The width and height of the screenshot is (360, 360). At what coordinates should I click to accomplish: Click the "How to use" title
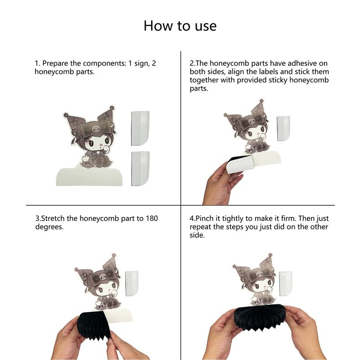click(180, 26)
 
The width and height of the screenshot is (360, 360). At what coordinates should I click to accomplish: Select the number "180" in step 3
click(152, 218)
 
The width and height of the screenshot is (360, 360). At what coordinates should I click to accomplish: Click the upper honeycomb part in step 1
click(140, 128)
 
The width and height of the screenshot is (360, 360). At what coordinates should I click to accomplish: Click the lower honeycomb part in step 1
click(140, 168)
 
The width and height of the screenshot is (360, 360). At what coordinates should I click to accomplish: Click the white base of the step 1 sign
click(89, 177)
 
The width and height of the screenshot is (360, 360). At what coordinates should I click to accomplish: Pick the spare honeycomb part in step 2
click(283, 129)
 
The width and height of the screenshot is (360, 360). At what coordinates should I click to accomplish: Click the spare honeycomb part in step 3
click(132, 283)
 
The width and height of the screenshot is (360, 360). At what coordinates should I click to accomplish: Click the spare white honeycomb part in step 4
click(286, 283)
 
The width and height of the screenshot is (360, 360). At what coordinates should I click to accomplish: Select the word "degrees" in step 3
click(49, 227)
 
